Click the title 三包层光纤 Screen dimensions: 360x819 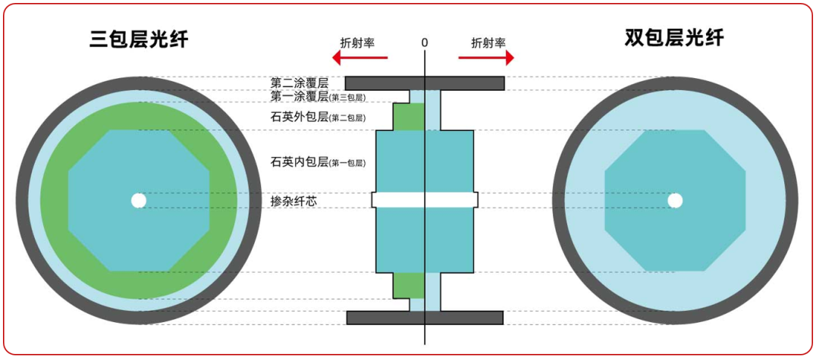pos(139,39)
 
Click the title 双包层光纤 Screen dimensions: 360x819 pos(674,38)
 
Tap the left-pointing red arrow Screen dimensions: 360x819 pos(360,58)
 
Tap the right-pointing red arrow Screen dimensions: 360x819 pos(487,58)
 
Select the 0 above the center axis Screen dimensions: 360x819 pos(425,42)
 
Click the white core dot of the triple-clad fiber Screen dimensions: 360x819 pos(139,201)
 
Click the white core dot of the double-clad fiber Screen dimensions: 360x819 pos(674,201)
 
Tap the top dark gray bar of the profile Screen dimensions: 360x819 pos(425,83)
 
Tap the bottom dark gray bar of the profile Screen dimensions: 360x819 pos(425,318)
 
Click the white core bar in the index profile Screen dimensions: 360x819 pos(425,200)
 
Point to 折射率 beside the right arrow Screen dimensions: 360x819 pos(488,42)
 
